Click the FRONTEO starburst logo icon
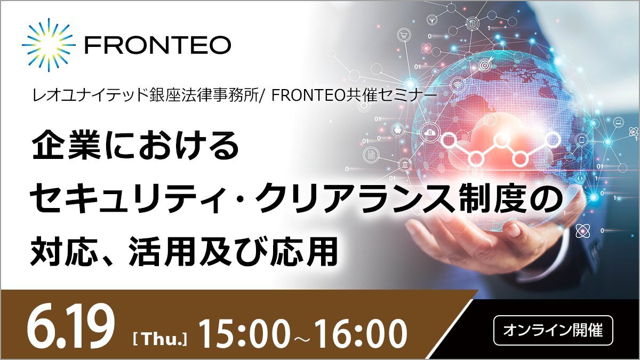coord(49,45)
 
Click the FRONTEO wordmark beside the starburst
coord(158,45)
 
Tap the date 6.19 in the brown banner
coord(70,331)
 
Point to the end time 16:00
coord(363,334)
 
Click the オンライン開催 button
coord(553,330)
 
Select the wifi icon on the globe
coord(459,84)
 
